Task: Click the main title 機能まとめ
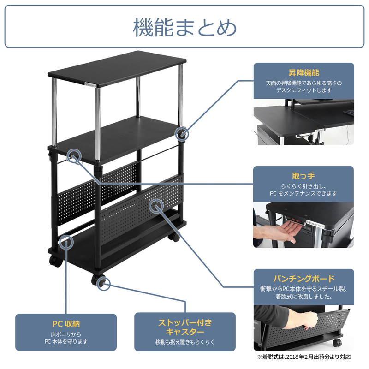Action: pos(185,28)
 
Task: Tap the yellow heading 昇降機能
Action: pos(304,73)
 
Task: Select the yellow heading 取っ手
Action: pos(304,176)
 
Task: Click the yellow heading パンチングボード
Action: pos(304,279)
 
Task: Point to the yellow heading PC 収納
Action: pos(66,324)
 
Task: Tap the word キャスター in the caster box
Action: pos(185,332)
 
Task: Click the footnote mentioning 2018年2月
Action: pos(304,357)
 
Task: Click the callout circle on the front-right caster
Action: pos(103,284)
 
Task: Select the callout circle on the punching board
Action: pos(156,206)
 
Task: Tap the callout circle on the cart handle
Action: pos(74,155)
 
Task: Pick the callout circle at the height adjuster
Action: pos(182,134)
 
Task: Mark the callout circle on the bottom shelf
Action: pos(66,243)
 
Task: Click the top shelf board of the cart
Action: pos(117,68)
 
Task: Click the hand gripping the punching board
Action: pos(305,319)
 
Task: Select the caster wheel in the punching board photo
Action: pos(337,342)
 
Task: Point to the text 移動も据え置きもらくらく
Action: pos(185,342)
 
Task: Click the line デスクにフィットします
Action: pos(304,90)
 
